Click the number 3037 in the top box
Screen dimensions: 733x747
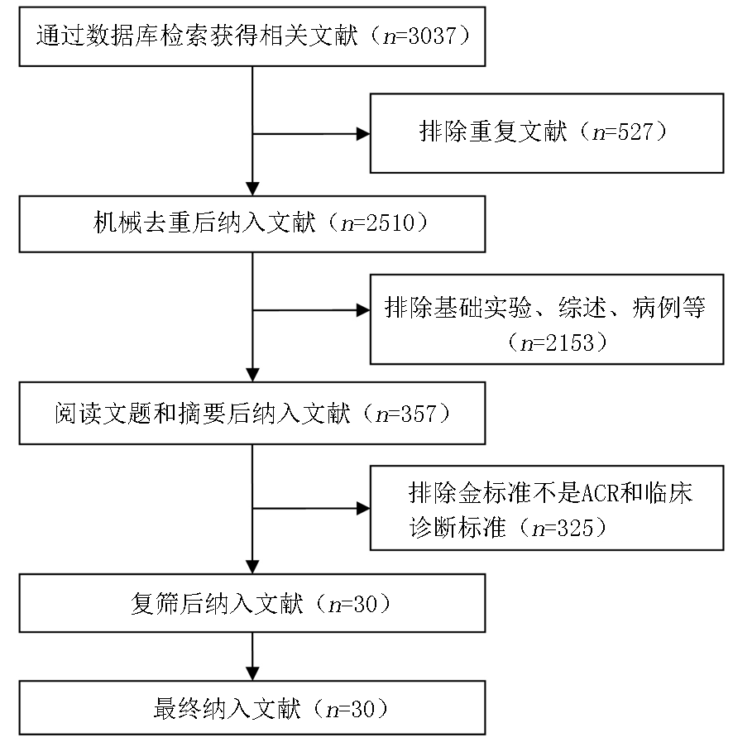(432, 36)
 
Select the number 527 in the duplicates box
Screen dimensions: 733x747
(635, 132)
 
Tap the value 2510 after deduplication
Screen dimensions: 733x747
(390, 223)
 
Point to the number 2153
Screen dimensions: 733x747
(569, 342)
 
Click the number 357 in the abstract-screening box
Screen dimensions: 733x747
(419, 414)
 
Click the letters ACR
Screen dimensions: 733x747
(601, 493)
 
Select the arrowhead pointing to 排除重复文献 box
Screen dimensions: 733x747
(363, 134)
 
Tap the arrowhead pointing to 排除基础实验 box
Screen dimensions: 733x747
(363, 310)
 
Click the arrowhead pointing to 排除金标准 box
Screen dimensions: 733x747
(363, 509)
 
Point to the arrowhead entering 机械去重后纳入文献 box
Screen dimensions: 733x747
(252, 189)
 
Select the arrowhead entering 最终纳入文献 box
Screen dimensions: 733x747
(252, 673)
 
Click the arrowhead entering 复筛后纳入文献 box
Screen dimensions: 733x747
(252, 567)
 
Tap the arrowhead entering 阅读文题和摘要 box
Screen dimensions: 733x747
(252, 375)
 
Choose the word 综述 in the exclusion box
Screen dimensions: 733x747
(582, 308)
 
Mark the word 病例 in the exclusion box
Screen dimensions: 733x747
(656, 308)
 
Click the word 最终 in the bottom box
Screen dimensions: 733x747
(177, 708)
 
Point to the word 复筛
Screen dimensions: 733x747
(155, 604)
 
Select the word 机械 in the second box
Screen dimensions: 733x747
(117, 223)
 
